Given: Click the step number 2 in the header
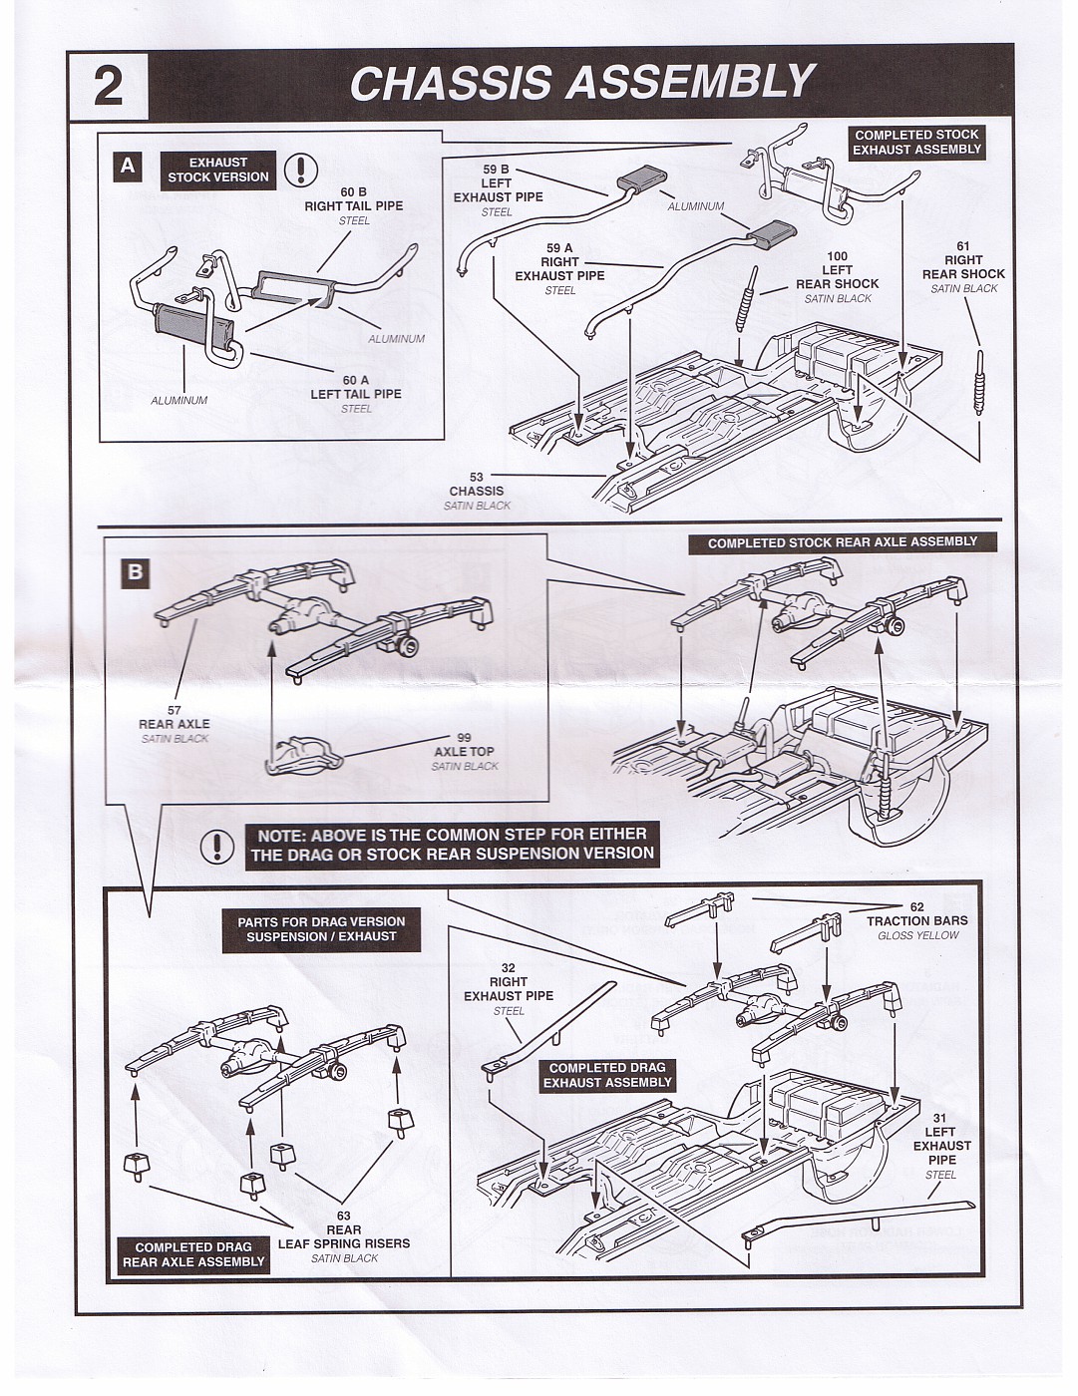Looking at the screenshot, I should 108,85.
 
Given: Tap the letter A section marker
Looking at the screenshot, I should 128,166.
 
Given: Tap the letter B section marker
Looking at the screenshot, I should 135,572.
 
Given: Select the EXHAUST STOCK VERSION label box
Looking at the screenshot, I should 217,170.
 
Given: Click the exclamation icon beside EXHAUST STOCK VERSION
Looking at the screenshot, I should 300,171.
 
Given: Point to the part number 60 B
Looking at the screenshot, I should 354,190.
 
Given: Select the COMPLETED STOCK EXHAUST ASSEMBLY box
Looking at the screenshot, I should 916,142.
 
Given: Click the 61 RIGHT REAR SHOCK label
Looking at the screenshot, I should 963,267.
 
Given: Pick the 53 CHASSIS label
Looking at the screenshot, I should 477,485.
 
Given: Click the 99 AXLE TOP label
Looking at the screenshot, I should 464,745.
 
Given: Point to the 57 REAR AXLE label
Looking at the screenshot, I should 175,717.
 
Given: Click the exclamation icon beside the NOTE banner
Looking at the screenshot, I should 216,846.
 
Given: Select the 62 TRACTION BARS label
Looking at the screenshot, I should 916,914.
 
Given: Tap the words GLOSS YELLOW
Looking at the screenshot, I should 917,935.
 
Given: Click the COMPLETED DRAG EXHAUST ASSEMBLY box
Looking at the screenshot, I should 607,1075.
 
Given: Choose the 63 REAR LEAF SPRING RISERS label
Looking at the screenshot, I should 343,1236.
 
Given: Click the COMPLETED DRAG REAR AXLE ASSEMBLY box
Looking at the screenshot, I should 193,1254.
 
